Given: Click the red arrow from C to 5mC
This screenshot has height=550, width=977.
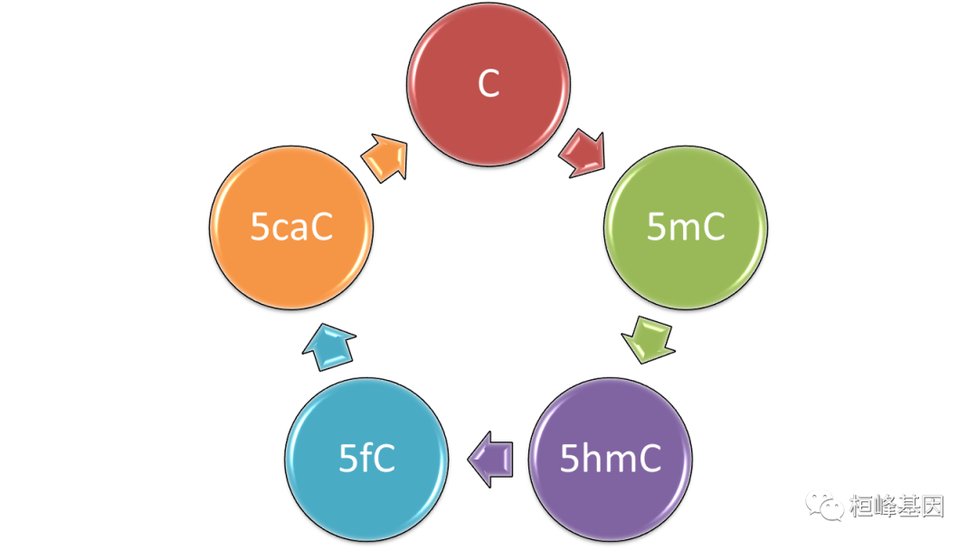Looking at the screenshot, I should tap(583, 152).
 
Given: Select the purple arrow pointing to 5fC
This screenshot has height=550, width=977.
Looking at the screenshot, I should tap(491, 459).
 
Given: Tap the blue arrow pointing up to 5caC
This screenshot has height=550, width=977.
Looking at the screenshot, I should tap(328, 346).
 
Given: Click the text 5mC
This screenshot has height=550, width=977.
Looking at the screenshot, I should tap(686, 227).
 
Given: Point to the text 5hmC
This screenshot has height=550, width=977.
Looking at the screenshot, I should tap(610, 460).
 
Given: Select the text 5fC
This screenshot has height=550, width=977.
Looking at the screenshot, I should tap(366, 460).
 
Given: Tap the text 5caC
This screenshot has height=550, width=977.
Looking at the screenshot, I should tap(291, 227).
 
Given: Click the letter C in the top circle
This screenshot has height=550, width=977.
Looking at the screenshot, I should tap(488, 84).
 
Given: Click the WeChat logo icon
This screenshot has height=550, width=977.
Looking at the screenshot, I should tap(824, 505).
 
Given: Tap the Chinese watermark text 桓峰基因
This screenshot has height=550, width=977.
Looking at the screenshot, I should tap(896, 505).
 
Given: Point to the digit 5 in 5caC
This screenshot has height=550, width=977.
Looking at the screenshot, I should tap(260, 228).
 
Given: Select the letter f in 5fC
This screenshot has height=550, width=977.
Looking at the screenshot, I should tap(366, 459).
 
